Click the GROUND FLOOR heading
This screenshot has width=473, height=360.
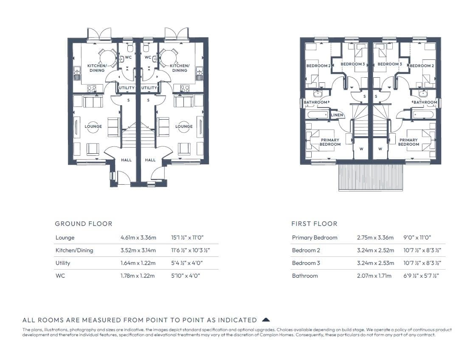(84, 224)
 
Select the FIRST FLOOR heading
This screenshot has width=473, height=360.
(314, 224)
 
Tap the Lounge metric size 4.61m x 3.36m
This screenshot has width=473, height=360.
(138, 238)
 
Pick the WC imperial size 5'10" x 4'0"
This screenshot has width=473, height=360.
(186, 276)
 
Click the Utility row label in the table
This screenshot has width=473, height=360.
(63, 263)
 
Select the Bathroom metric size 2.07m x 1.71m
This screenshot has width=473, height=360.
(374, 276)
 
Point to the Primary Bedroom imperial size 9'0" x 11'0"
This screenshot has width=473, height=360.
(417, 238)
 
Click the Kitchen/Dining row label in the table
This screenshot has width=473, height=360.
(74, 250)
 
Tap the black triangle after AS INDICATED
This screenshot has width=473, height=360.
(266, 320)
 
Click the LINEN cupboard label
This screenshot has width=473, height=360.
(337, 115)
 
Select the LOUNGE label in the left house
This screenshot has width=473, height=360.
(93, 127)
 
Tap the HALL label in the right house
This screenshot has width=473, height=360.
(150, 160)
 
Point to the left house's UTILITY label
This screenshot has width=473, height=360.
(127, 88)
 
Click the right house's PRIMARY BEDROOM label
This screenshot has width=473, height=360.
(408, 142)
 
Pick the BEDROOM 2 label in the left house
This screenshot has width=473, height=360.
(318, 66)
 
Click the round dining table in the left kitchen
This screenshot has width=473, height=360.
(107, 57)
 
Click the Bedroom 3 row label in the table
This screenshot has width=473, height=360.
(306, 263)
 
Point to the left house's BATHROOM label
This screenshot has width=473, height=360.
(315, 102)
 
